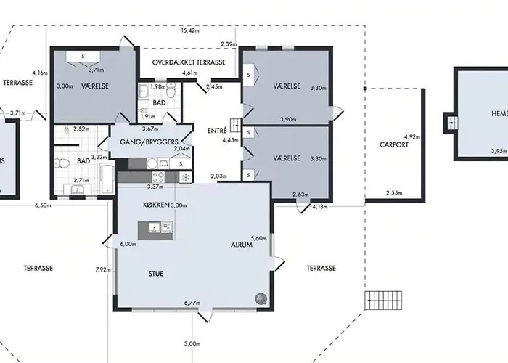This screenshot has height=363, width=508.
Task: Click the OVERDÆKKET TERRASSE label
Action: [189, 62]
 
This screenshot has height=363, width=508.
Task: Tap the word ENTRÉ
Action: [217, 131]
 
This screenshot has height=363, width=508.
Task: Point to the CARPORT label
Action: [394, 144]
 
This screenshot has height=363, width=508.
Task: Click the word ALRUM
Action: [242, 245]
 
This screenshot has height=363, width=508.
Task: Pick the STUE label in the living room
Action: [155, 274]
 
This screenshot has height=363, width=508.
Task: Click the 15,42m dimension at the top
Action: [189, 31]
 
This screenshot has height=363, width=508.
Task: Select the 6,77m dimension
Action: [192, 302]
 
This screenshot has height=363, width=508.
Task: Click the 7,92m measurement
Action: [104, 269]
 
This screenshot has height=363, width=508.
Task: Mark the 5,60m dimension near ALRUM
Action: [259, 238]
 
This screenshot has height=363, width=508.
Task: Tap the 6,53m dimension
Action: [44, 205]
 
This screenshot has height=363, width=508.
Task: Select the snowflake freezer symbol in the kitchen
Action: [185, 177]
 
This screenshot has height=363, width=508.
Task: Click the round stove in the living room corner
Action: [260, 298]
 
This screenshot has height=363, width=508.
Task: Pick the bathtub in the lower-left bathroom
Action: [106, 178]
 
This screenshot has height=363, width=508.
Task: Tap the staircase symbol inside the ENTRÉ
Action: [234, 124]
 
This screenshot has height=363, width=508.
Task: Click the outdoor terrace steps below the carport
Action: [383, 298]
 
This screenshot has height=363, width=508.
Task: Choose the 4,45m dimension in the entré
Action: [231, 140]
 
